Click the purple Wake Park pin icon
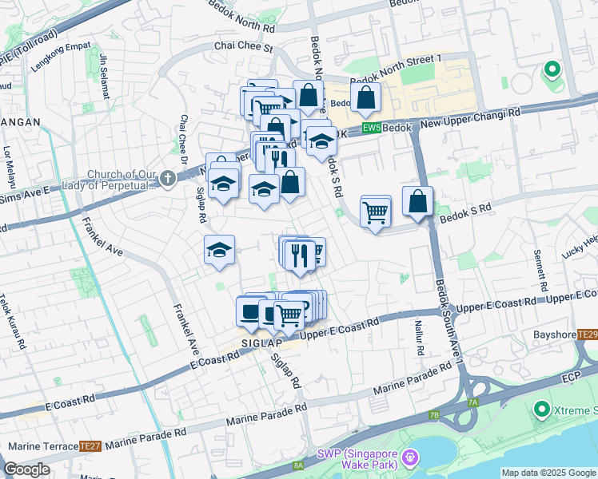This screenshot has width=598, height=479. [410, 457]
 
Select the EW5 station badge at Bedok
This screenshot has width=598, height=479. [371, 129]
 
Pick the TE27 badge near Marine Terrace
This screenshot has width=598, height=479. [90, 446]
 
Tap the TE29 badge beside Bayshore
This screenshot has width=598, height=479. [587, 335]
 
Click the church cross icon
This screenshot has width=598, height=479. [167, 178]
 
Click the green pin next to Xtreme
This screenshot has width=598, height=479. [540, 410]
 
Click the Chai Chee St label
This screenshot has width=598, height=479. [244, 48]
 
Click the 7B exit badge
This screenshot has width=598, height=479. [434, 415]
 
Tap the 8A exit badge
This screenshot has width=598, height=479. [298, 465]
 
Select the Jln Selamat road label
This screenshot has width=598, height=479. [104, 77]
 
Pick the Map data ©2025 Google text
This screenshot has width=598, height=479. [548, 473]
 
